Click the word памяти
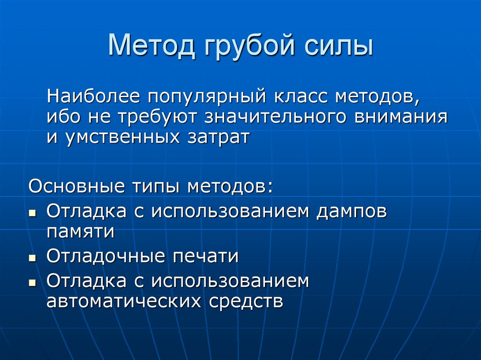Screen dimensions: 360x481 (x=80, y=231)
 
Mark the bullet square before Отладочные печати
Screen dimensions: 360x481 (x=32, y=259)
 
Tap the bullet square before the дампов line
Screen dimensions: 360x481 (x=32, y=213)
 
